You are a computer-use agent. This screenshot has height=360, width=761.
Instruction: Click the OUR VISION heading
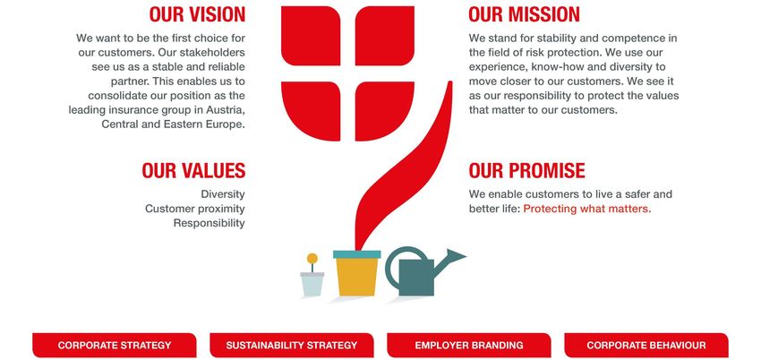point(197,14)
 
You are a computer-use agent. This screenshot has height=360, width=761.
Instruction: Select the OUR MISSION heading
point(524,14)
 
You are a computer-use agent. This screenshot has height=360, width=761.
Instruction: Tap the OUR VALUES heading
point(193,171)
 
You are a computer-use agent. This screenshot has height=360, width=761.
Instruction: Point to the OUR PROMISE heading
point(527,171)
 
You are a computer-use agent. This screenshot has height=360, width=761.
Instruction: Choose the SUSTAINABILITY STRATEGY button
point(292,346)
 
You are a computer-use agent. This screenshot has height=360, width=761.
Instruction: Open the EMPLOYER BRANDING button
point(469,346)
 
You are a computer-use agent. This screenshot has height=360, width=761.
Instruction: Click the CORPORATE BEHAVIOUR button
point(646,346)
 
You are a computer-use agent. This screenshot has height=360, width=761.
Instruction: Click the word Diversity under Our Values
point(223,194)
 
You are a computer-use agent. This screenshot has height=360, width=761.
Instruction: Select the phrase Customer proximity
point(194,209)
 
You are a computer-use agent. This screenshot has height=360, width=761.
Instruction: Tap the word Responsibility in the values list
point(209,223)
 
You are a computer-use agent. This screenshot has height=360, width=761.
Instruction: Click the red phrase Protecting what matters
point(587,209)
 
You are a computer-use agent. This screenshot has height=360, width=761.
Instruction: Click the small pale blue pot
point(312,284)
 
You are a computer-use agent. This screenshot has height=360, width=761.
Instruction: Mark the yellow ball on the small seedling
point(312,259)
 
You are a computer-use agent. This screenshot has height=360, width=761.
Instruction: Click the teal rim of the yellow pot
point(356,254)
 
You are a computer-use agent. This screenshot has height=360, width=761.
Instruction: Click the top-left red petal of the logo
point(311,36)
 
